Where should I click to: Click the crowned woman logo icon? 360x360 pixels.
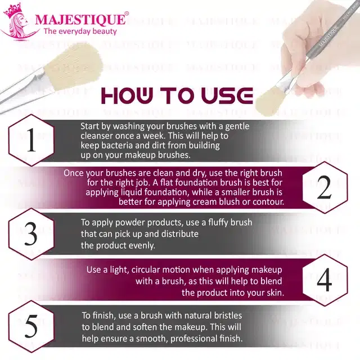pyautogui.click(x=18, y=22)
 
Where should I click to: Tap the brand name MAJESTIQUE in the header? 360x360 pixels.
pyautogui.click(x=80, y=19)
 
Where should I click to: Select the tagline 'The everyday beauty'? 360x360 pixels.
pyautogui.click(x=80, y=31)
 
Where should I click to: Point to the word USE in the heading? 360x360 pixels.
pyautogui.click(x=227, y=95)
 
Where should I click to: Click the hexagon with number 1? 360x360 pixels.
pyautogui.click(x=31, y=140)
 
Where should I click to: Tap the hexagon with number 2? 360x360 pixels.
pyautogui.click(x=325, y=187)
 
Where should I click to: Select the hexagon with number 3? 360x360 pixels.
pyautogui.click(x=31, y=234)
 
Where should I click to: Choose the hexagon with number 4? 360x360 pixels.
pyautogui.click(x=325, y=280)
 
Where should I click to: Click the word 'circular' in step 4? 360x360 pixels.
pyautogui.click(x=146, y=270)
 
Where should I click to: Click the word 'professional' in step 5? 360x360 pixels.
pyautogui.click(x=194, y=339)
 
